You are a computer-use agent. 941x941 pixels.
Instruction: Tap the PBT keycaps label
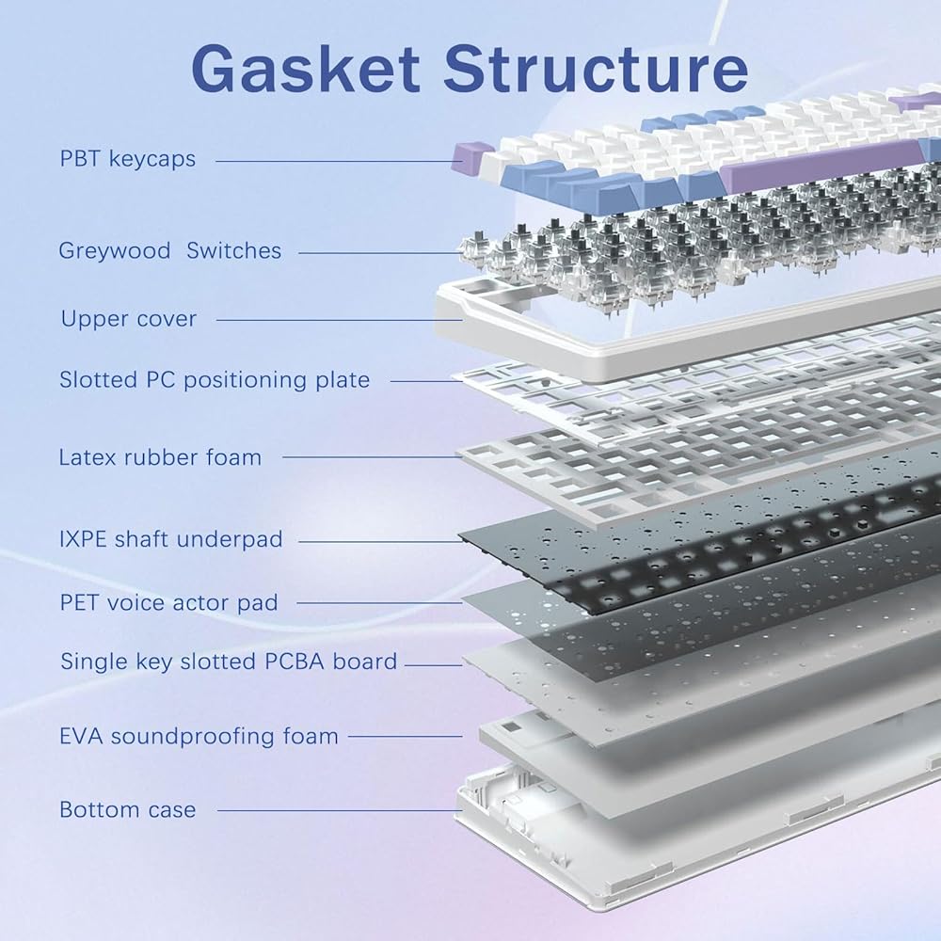pyautogui.click(x=128, y=158)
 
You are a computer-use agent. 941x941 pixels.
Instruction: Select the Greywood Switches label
pyautogui.click(x=169, y=250)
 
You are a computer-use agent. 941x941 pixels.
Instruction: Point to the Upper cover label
pyautogui.click(x=129, y=319)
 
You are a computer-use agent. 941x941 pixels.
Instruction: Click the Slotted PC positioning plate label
pyautogui.click(x=215, y=380)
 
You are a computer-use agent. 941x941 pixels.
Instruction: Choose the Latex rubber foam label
pyautogui.click(x=160, y=457)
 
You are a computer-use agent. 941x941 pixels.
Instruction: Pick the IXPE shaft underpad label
pyautogui.click(x=170, y=539)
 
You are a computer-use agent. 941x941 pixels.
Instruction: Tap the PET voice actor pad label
pyautogui.click(x=169, y=602)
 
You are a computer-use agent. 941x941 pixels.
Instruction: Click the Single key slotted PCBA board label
pyautogui.click(x=229, y=662)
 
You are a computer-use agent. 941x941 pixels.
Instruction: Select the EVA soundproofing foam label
pyautogui.click(x=199, y=736)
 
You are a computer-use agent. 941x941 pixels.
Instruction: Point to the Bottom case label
pyautogui.click(x=128, y=809)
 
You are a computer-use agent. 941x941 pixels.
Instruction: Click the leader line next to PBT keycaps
pyautogui.click(x=334, y=161)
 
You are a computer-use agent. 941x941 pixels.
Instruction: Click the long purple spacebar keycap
pyautogui.click(x=819, y=157)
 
